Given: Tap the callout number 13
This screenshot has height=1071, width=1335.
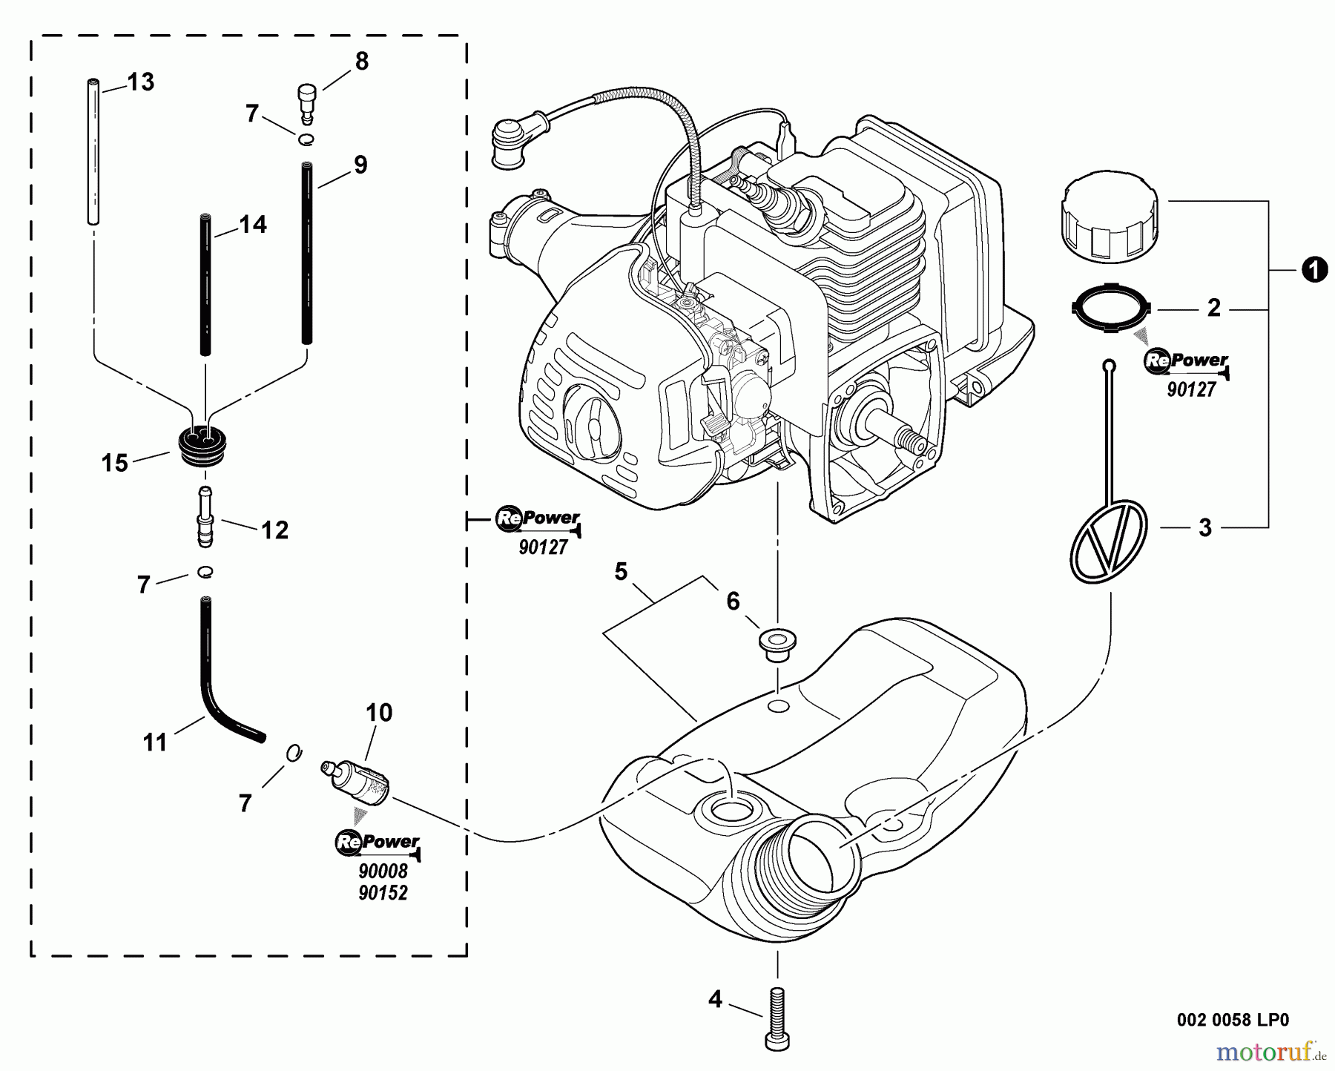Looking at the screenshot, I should (140, 82).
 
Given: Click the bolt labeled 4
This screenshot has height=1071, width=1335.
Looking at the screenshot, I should (778, 1018).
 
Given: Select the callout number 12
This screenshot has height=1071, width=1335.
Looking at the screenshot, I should (274, 530).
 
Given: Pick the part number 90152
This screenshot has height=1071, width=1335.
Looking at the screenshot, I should (383, 893).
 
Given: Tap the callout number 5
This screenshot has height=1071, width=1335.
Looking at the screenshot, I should (621, 572).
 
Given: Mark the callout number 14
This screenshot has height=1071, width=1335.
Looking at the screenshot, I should (253, 225).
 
